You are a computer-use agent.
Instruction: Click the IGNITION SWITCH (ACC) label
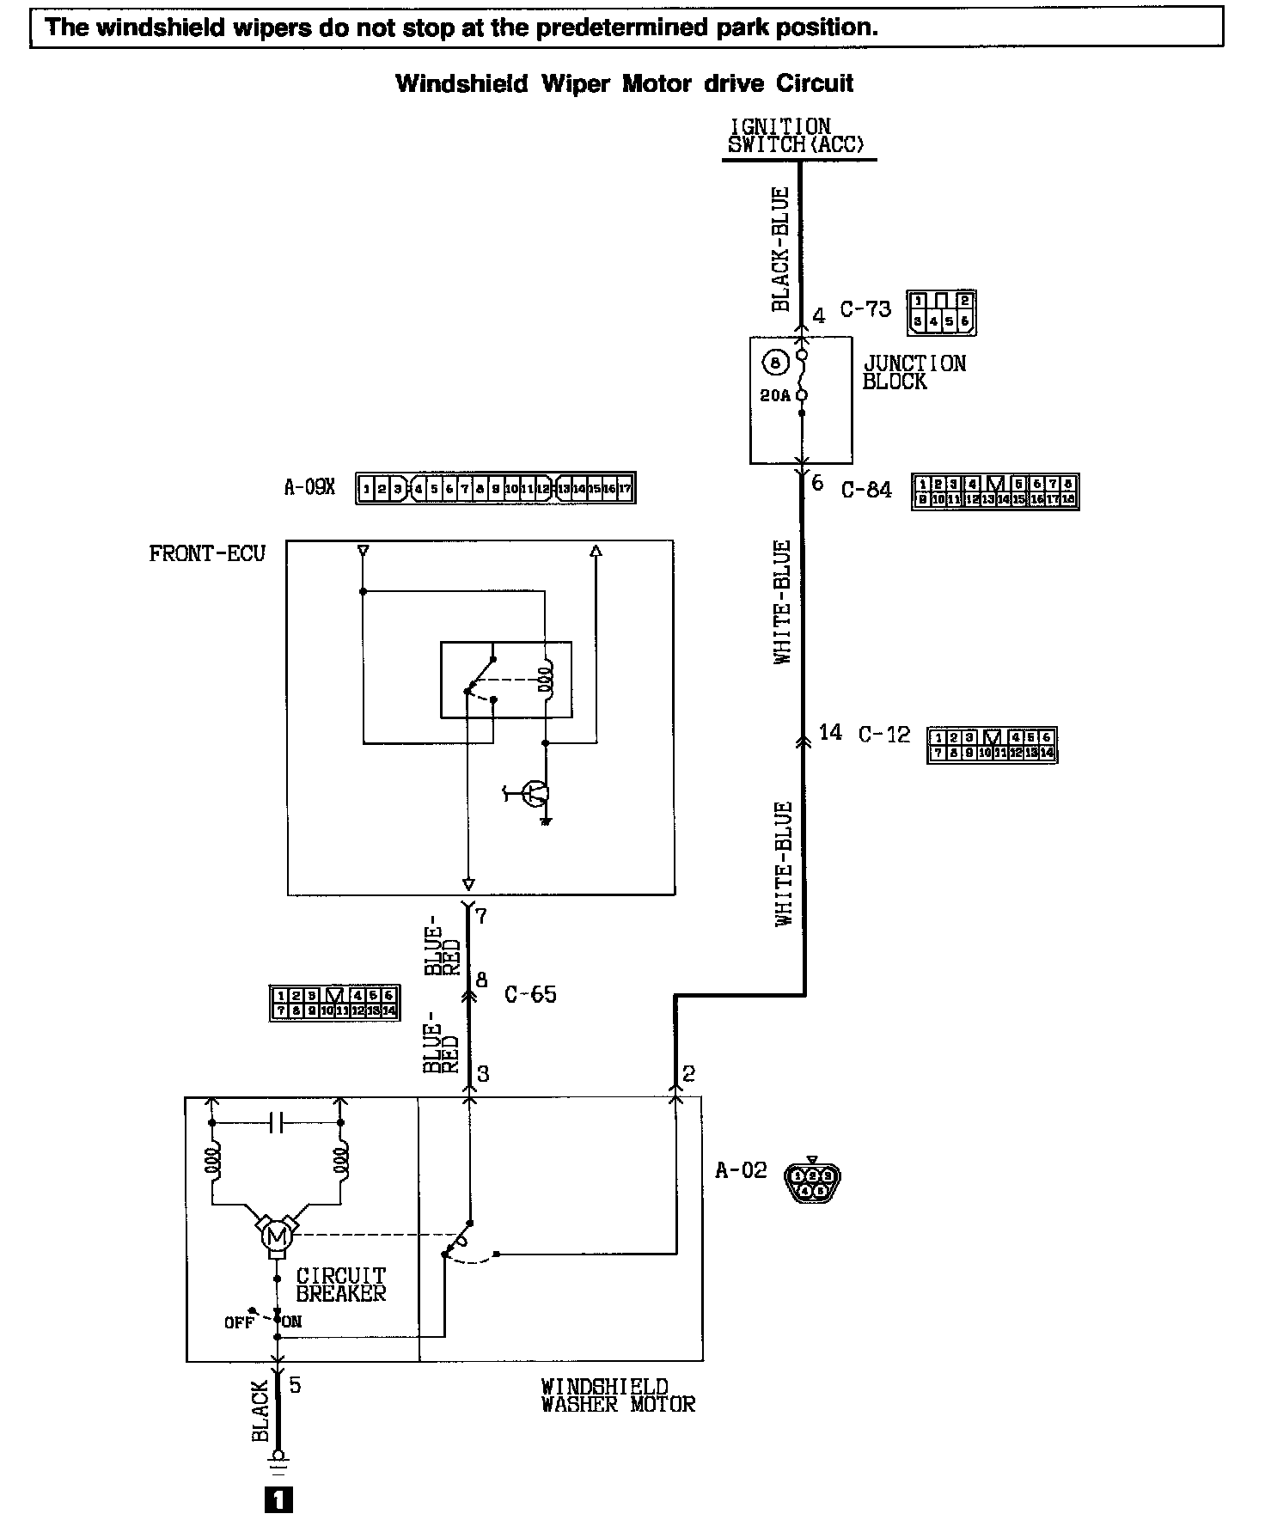pos(797,137)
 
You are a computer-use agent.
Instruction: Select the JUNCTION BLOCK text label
pos(914,373)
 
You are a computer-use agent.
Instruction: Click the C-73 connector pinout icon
pos(941,313)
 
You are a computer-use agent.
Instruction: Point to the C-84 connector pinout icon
pos(995,491)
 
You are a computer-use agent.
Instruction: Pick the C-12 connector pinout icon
pos(992,745)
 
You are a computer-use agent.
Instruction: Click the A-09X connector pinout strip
pos(496,489)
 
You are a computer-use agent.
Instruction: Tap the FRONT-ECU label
pos(207,553)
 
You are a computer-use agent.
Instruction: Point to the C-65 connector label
pos(530,994)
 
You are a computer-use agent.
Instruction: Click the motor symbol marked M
pos(277,1237)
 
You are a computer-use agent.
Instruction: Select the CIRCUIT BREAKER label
pos(341,1284)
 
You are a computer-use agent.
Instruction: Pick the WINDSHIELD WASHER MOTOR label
pos(617,1395)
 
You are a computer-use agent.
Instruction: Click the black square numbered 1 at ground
pos(279,1500)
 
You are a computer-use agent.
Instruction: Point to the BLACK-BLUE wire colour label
pos(780,249)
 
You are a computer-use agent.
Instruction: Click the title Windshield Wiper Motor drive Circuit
pos(624,84)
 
